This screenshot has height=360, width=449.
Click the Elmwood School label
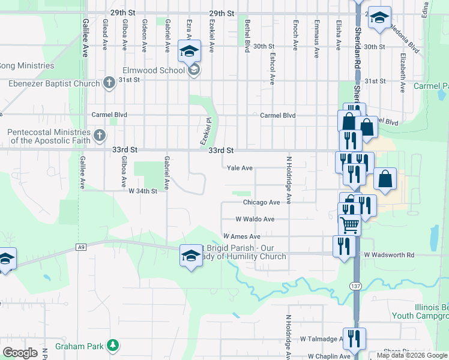(x=154, y=70)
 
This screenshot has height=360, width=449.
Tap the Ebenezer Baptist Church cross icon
(x=109, y=82)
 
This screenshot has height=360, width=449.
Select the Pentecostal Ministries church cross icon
(x=100, y=136)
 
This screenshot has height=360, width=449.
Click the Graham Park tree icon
(x=112, y=345)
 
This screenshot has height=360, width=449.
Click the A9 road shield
(x=82, y=247)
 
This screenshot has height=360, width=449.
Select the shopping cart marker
(x=349, y=225)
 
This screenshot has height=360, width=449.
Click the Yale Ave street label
(x=239, y=168)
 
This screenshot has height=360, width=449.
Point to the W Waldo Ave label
(x=255, y=220)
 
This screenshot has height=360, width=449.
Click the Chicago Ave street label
(x=261, y=203)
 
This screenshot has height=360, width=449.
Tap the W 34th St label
(x=143, y=191)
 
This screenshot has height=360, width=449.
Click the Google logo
(x=20, y=352)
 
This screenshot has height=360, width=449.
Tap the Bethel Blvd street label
(x=246, y=36)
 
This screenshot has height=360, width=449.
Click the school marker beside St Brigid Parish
(x=191, y=256)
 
